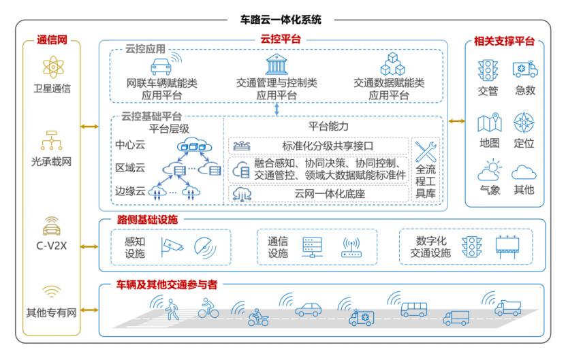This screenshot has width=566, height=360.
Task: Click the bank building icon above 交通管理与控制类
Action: coord(277,65)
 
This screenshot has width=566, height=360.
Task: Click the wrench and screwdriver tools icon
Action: coord(426,152)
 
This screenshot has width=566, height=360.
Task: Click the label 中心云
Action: coord(129,145)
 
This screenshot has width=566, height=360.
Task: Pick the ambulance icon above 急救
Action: coord(524,69)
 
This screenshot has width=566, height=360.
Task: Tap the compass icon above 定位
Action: coord(524,123)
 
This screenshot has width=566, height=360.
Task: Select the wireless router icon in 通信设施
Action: coord(351,246)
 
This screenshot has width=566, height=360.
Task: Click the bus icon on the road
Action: coord(413,310)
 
